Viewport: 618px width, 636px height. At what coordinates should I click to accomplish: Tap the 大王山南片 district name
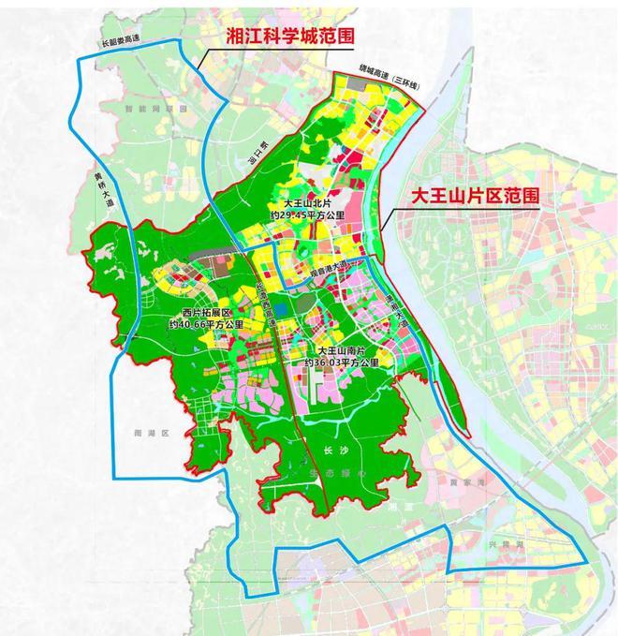point(340,350)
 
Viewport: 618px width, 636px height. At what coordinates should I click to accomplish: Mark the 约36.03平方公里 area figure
point(341,362)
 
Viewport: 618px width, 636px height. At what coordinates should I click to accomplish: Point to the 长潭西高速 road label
point(265,309)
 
